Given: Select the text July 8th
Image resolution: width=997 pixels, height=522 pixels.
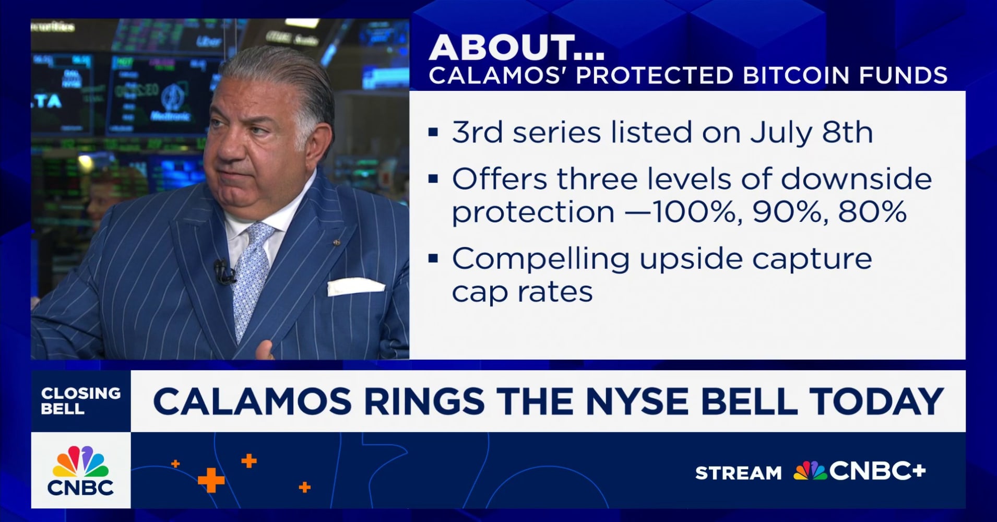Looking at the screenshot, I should point(811,133).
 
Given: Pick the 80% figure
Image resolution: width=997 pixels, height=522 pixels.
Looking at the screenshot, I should point(873,212).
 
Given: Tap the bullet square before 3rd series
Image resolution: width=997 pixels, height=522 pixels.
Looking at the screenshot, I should point(433,132).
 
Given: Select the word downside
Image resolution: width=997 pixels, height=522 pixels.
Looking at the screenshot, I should point(856,179).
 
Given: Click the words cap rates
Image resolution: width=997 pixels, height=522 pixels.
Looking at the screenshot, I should point(522,292).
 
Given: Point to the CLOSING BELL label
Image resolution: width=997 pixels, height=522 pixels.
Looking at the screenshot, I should point(80,400).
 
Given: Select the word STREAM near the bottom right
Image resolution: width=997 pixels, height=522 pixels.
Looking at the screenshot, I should point(738,473).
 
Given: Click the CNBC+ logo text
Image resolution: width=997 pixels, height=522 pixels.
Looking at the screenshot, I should point(877,471).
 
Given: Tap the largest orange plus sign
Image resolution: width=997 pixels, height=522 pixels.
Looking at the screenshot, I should point(211,480).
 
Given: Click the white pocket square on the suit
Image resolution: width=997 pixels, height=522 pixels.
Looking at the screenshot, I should point(355,286).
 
